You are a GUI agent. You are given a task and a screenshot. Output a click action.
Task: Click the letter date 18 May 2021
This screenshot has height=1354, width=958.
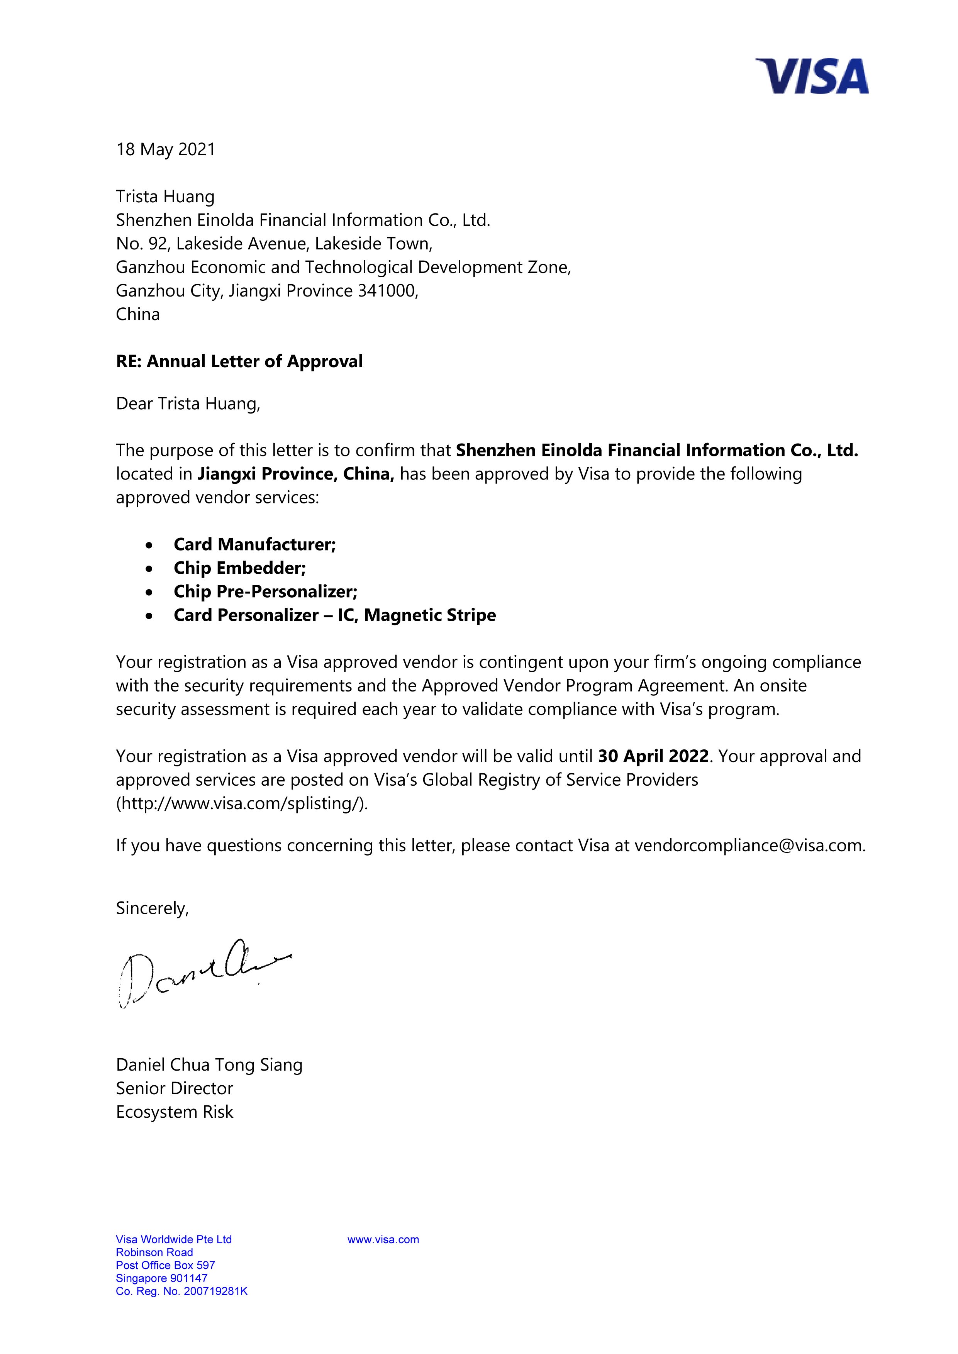[166, 150]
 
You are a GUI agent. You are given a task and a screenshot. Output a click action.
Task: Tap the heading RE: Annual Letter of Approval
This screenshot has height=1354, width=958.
[239, 361]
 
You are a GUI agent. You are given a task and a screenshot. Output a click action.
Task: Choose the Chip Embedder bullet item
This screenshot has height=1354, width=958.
[239, 568]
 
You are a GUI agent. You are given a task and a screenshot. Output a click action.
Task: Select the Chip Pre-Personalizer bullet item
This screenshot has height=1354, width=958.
[265, 591]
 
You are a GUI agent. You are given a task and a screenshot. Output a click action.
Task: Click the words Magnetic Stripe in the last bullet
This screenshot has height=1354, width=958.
[429, 615]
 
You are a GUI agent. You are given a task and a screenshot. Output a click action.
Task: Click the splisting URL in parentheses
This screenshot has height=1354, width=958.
[242, 803]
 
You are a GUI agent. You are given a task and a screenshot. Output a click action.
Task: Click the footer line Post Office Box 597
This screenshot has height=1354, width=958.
[165, 1266]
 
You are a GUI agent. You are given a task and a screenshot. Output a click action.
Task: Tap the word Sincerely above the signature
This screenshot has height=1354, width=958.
[152, 908]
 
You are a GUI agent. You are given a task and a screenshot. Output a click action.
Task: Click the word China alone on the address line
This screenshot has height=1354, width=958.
[137, 314]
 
